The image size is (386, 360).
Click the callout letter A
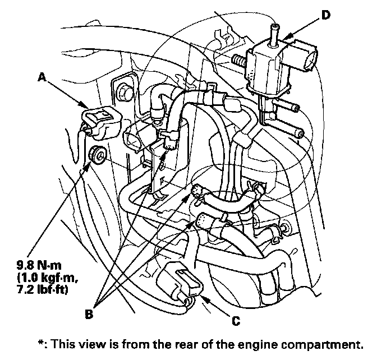[x=42, y=78]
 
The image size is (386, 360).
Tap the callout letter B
[x=89, y=314]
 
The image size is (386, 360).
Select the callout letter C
[x=236, y=321]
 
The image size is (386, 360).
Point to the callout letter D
[x=325, y=15]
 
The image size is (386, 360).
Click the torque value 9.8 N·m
[x=39, y=265]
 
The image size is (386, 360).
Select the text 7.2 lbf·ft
[x=42, y=289]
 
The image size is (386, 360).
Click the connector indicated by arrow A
[x=100, y=123]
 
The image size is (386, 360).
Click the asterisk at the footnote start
[x=40, y=342]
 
